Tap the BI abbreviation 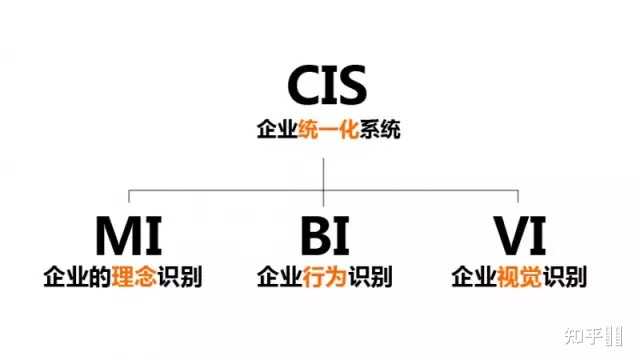324,237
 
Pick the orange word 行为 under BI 324,275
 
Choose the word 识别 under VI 562,275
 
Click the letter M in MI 113,237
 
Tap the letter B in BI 313,237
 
